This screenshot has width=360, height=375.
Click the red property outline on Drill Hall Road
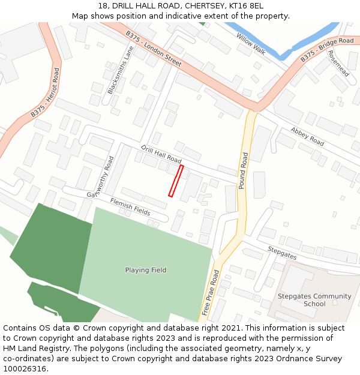point(175,181)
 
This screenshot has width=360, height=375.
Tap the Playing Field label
point(146,270)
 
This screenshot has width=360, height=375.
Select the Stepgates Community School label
point(314,300)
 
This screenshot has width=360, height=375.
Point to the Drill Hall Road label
point(161,154)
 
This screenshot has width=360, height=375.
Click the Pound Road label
point(244,171)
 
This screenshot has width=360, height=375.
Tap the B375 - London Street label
point(154,49)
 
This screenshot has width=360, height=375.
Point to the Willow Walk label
point(251,43)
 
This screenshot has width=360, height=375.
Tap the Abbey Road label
point(307,136)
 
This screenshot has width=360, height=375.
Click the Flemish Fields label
point(130,206)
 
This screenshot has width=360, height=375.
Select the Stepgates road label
point(282,252)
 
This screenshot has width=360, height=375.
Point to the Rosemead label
point(338,62)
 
